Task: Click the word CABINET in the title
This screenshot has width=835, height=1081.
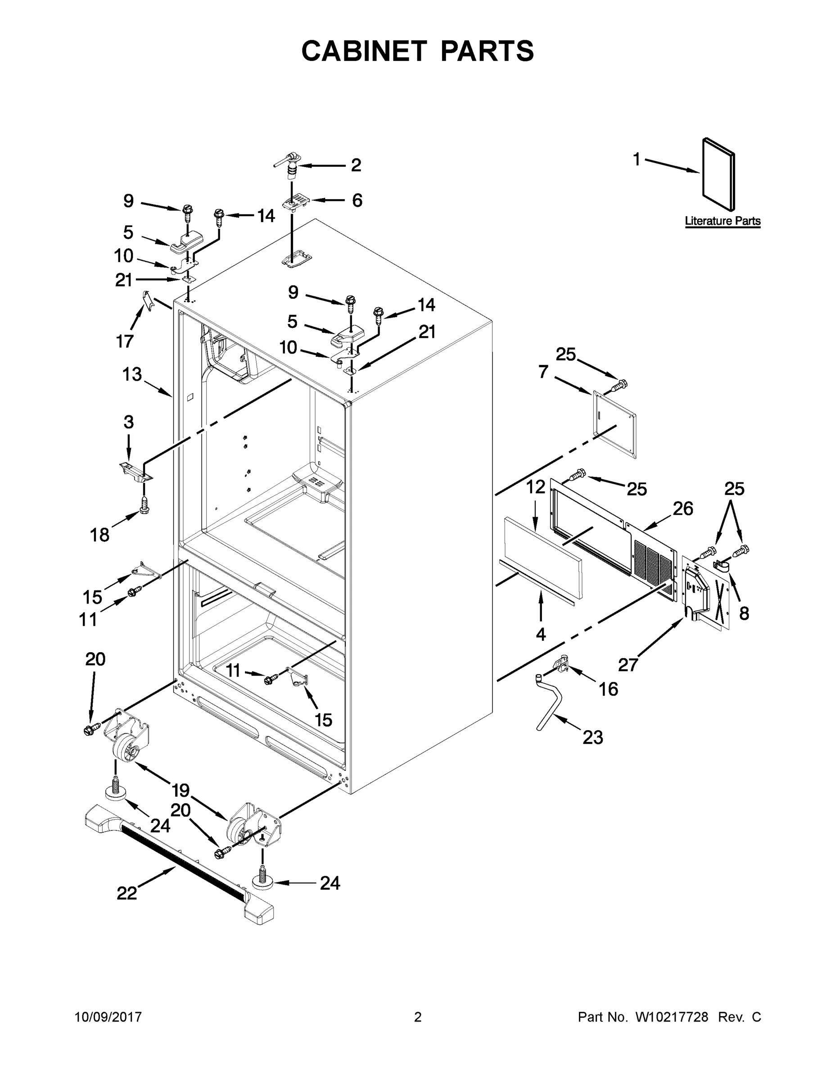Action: pyautogui.click(x=364, y=50)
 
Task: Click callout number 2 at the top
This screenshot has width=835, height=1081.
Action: pyautogui.click(x=356, y=165)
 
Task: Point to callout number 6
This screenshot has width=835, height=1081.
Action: pyautogui.click(x=357, y=200)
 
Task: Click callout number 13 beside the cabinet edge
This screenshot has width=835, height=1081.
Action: pyautogui.click(x=132, y=374)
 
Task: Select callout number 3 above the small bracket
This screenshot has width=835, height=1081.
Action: pyautogui.click(x=129, y=422)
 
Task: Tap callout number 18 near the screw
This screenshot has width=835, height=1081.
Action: pyautogui.click(x=99, y=535)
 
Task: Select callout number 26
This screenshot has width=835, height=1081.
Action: pyautogui.click(x=683, y=509)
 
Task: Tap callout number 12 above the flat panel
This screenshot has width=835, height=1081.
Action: pyautogui.click(x=535, y=487)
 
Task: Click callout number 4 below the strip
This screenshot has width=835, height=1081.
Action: pyautogui.click(x=541, y=634)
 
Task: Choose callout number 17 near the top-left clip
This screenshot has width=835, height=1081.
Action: pyautogui.click(x=125, y=341)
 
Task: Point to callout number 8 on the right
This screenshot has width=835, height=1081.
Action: pyautogui.click(x=744, y=613)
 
